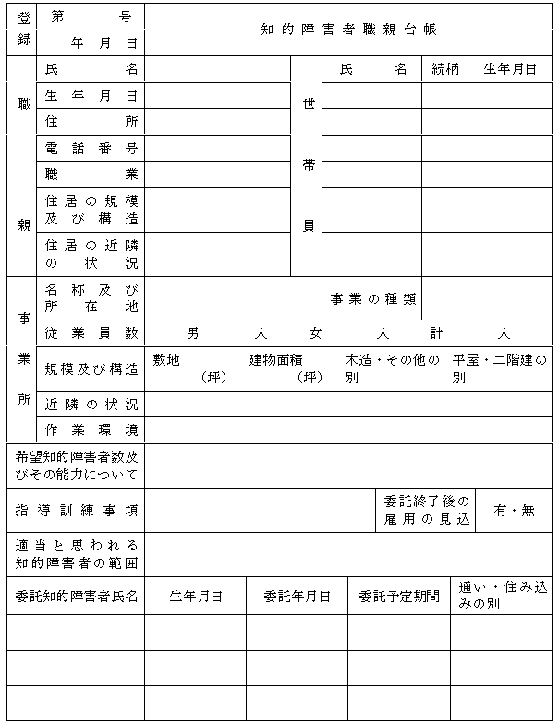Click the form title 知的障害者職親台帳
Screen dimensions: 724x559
click(349, 30)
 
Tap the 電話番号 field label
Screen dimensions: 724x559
click(91, 148)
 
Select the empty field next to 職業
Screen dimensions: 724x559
click(217, 174)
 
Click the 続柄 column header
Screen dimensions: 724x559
click(445, 69)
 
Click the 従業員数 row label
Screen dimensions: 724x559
click(91, 332)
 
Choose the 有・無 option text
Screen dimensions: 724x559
click(515, 510)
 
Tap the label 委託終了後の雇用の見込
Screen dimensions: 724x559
click(427, 510)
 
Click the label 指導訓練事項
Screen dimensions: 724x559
click(77, 510)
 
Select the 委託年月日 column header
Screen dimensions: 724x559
click(297, 597)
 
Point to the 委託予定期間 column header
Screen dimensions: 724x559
click(398, 597)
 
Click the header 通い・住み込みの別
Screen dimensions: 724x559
click(503, 596)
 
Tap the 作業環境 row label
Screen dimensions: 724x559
click(91, 429)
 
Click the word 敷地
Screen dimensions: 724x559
click(166, 360)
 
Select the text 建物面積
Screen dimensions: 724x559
click(276, 360)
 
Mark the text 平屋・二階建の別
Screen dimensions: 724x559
click(499, 368)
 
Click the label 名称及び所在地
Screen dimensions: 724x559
click(91, 297)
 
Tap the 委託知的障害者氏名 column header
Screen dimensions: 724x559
click(77, 597)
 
